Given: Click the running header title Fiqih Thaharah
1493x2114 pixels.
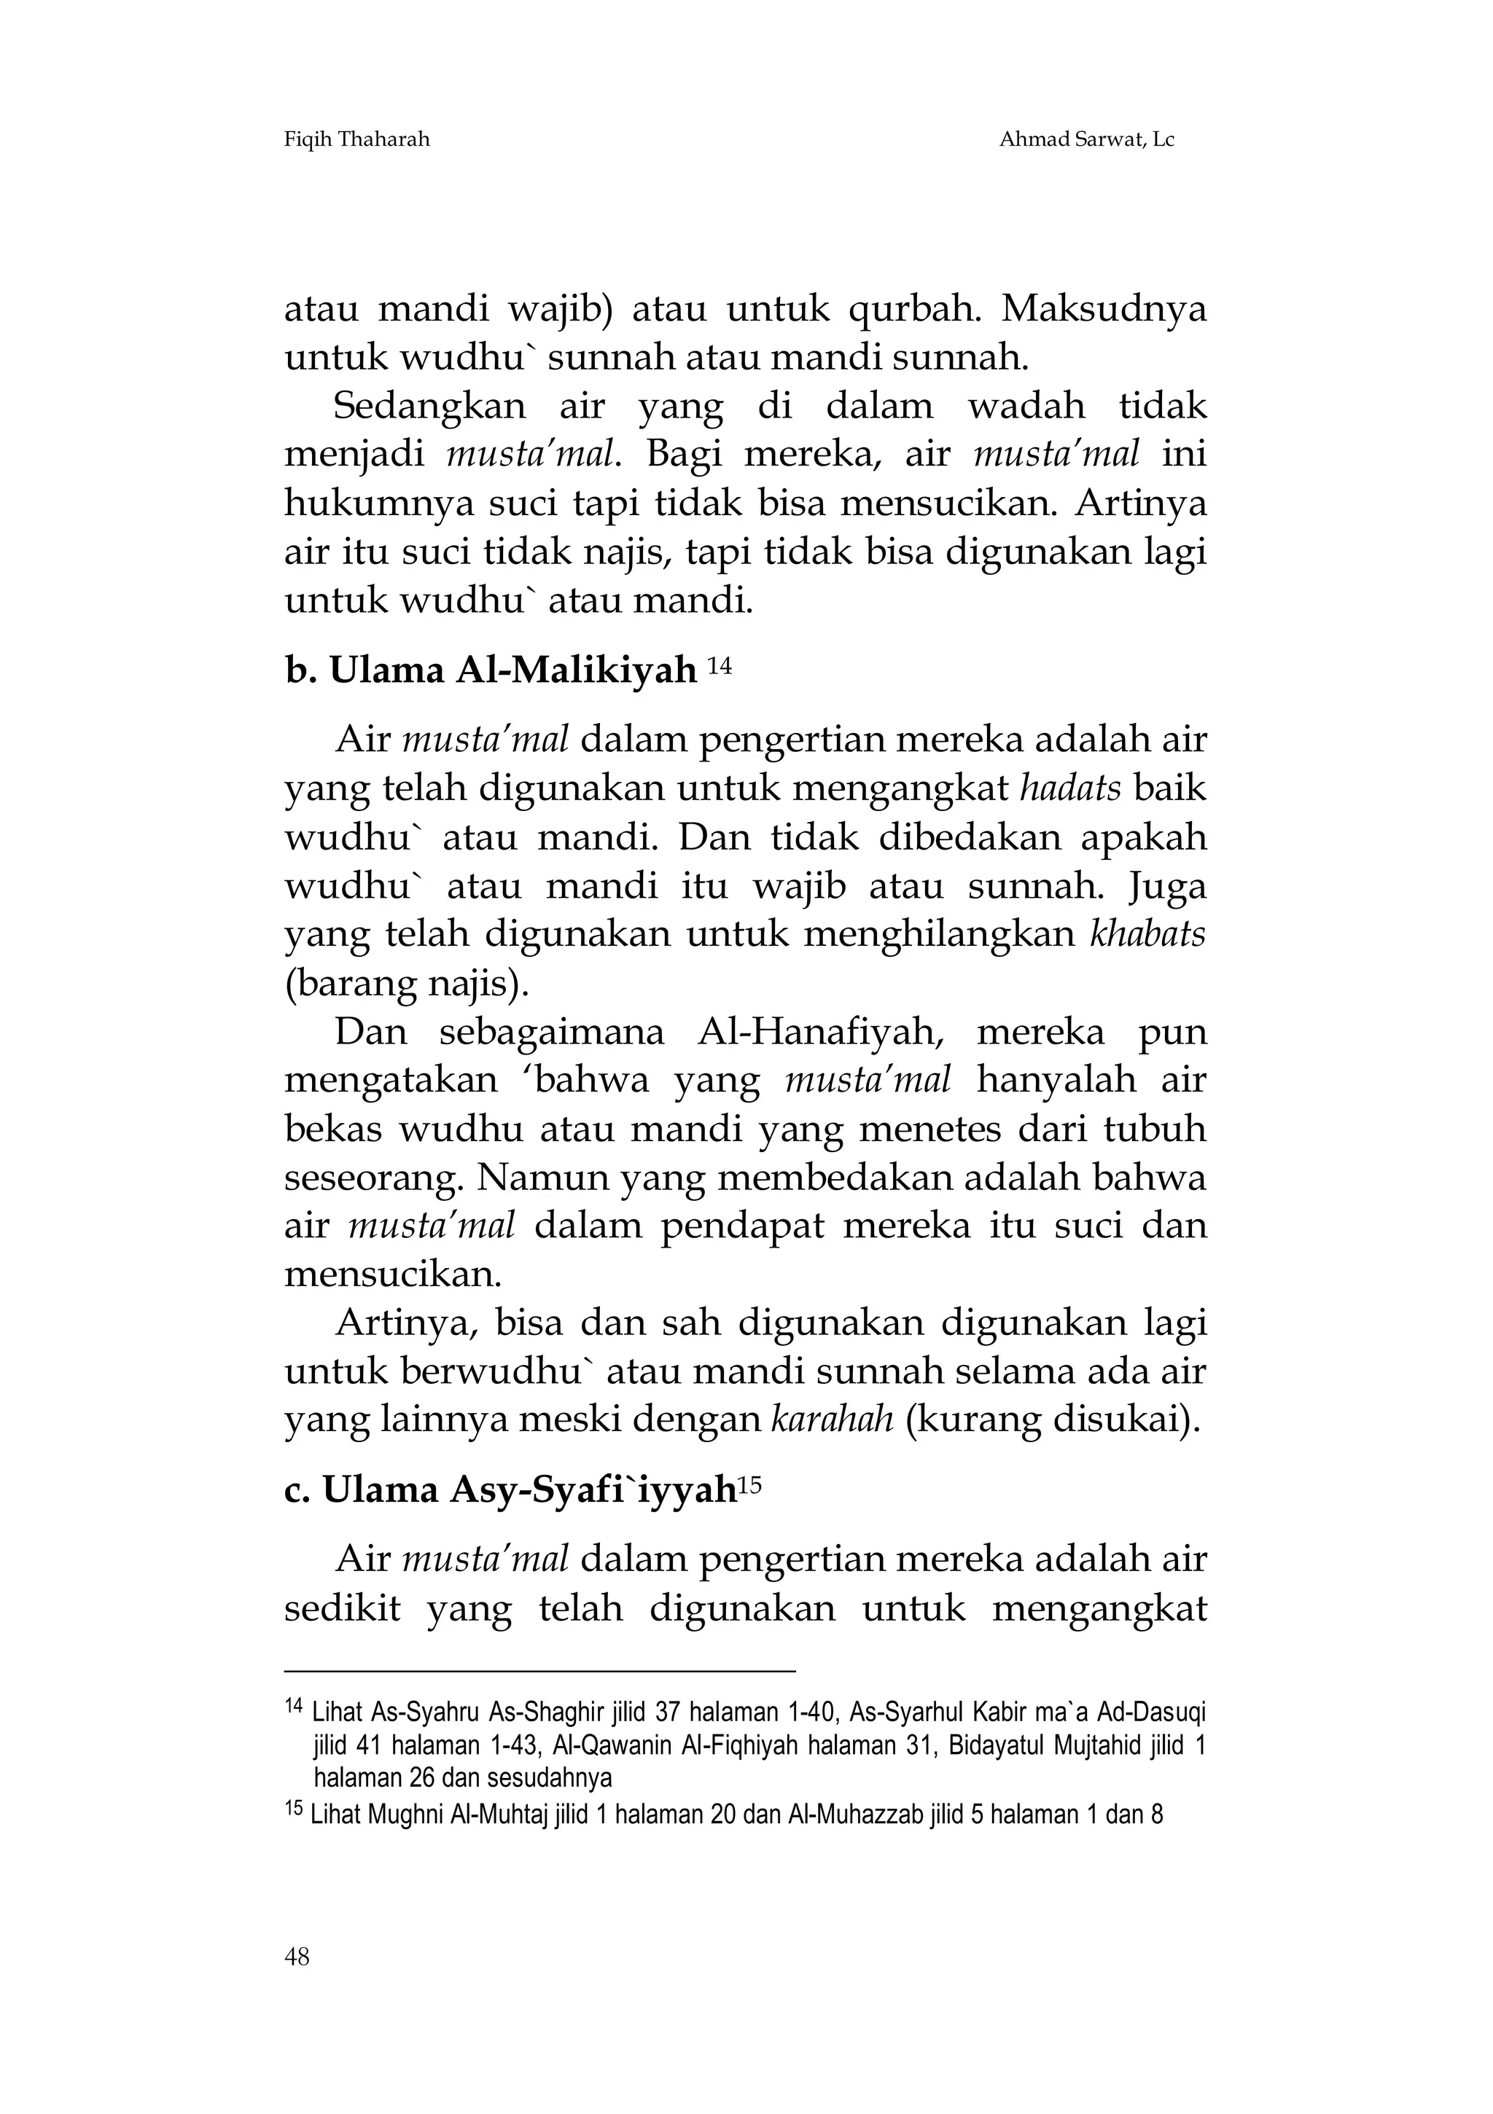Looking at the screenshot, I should pyautogui.click(x=356, y=140).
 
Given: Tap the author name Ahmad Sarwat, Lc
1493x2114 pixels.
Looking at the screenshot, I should pyautogui.click(x=1086, y=140).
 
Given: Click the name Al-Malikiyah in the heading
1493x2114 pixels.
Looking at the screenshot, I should pyautogui.click(x=576, y=671).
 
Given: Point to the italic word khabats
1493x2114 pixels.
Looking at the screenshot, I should pyautogui.click(x=1147, y=934).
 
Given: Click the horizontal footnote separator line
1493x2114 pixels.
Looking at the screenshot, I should pyautogui.click(x=539, y=1669).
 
